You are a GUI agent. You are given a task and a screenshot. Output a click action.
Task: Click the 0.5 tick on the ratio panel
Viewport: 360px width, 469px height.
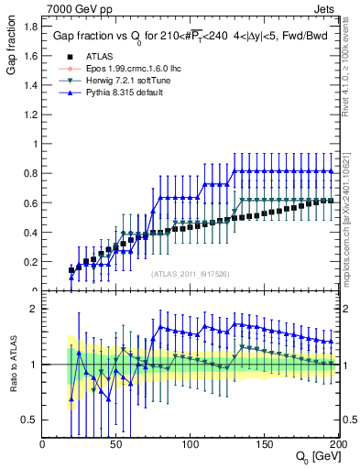30,420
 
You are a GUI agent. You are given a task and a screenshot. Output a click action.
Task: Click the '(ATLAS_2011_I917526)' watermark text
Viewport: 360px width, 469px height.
191,273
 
